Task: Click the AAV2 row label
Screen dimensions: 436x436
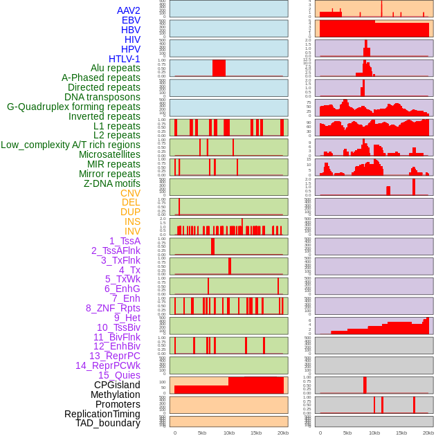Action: (x=128, y=10)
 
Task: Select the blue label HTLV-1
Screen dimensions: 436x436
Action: (x=124, y=59)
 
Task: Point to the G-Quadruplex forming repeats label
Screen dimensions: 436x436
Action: (x=73, y=107)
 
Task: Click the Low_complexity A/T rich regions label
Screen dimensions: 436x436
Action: (x=70, y=145)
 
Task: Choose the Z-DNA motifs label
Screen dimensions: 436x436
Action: (x=111, y=183)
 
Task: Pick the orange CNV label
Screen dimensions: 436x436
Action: (x=130, y=193)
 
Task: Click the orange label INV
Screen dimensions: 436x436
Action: (x=132, y=231)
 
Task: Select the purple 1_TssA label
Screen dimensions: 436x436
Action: (x=125, y=241)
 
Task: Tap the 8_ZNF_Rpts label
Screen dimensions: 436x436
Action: (x=113, y=308)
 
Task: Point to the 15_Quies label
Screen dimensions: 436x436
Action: (x=119, y=375)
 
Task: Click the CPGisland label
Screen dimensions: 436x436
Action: (x=117, y=385)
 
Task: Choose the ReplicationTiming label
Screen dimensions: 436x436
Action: (x=102, y=414)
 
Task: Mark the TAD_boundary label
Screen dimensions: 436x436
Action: (x=107, y=423)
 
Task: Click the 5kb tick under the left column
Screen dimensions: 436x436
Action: (x=202, y=433)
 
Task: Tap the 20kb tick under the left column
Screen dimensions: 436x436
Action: (x=282, y=433)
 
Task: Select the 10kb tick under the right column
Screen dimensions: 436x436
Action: (x=374, y=433)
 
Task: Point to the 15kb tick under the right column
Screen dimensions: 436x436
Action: (x=401, y=433)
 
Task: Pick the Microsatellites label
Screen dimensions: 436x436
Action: (x=109, y=154)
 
